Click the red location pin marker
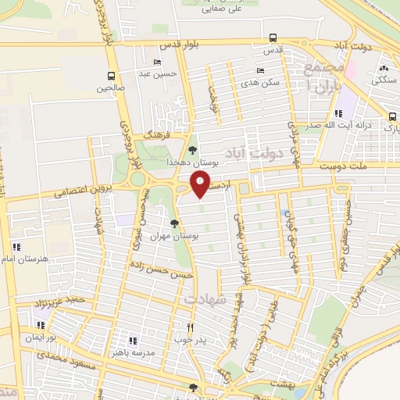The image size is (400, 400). [200, 185]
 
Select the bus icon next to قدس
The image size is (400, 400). [272, 37]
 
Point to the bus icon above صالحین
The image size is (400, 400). [112, 77]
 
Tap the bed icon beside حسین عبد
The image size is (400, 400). [159, 62]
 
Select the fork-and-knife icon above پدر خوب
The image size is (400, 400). [190, 328]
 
